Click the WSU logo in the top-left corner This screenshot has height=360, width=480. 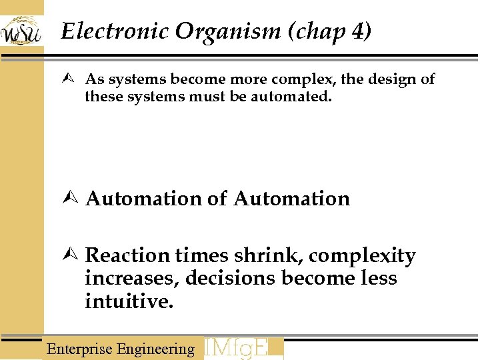(x=21, y=30)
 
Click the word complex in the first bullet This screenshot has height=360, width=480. (x=304, y=80)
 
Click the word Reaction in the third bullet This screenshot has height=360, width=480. (x=128, y=255)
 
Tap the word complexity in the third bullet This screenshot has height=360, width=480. (x=362, y=256)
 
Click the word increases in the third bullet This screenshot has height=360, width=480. (x=132, y=278)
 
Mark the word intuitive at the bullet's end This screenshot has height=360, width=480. (x=129, y=301)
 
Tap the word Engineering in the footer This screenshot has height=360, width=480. (x=155, y=349)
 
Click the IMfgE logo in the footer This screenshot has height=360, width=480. (x=243, y=348)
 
